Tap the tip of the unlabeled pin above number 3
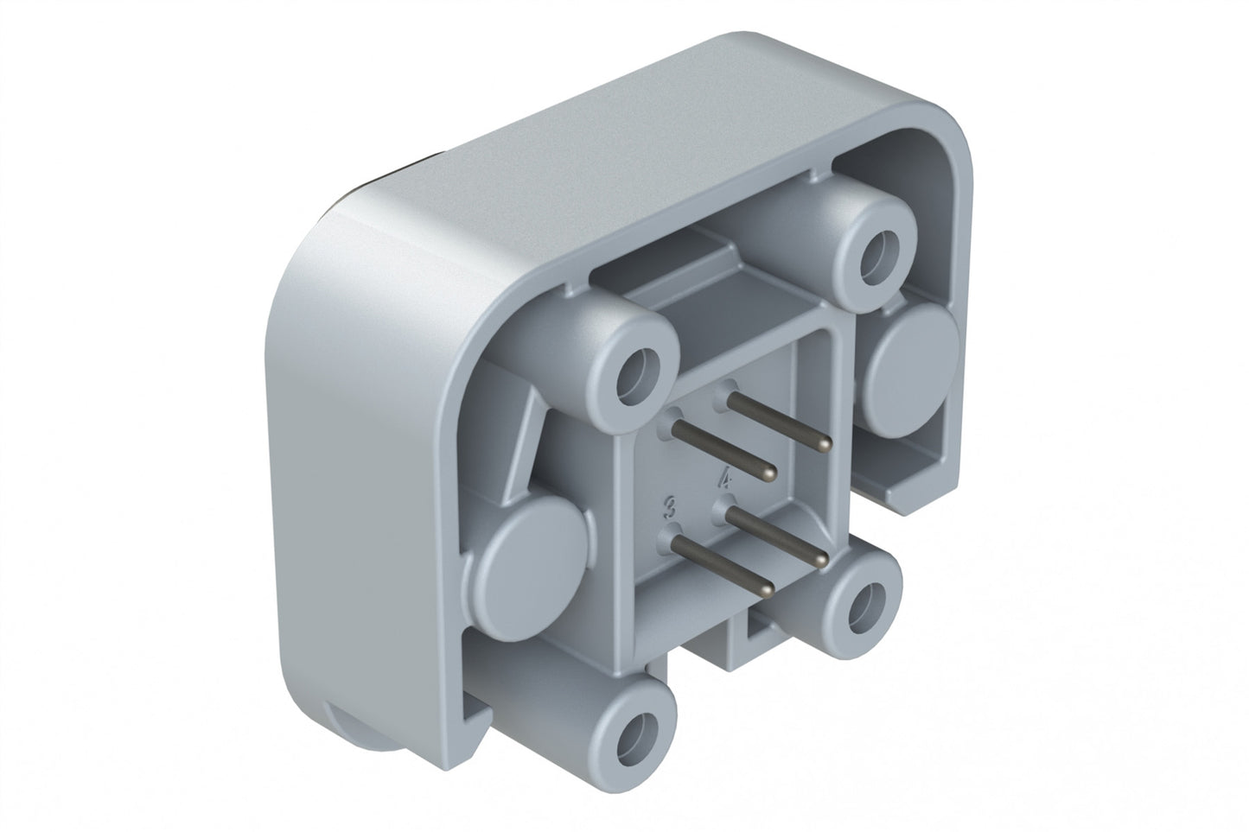click(771, 472)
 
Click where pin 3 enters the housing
click(674, 537)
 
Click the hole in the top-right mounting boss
click(881, 251)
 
